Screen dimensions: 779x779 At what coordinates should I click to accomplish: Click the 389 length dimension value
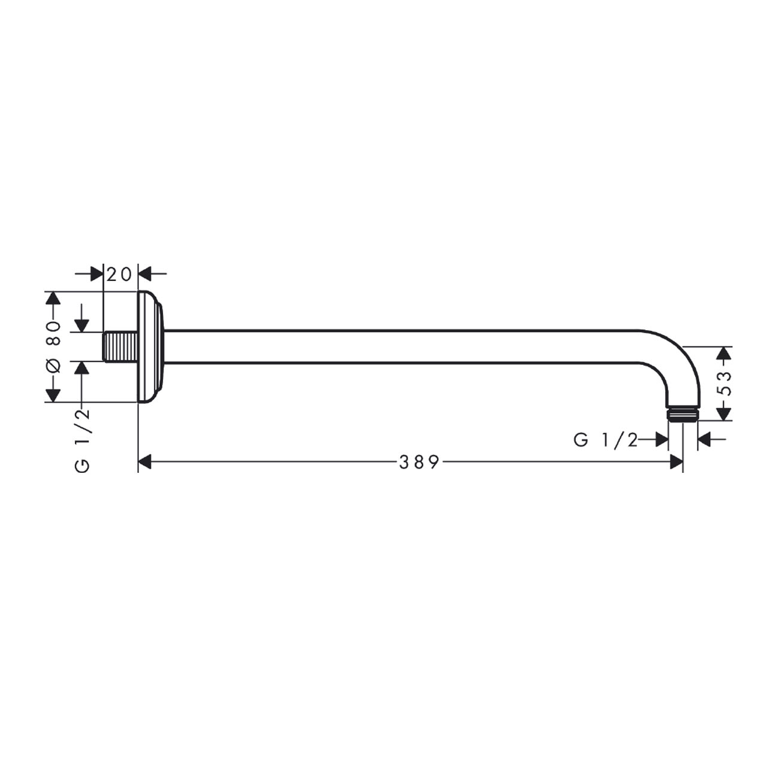click(x=419, y=461)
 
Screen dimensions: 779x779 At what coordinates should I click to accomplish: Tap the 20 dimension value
click(x=119, y=274)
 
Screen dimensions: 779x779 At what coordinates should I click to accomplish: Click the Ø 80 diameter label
click(x=53, y=347)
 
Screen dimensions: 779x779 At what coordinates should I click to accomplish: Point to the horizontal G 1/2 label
click(x=606, y=440)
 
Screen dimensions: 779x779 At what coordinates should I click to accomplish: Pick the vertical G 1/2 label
click(x=82, y=440)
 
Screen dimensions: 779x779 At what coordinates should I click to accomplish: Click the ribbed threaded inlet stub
click(x=120, y=346)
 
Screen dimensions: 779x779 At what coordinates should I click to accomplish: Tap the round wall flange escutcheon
click(x=151, y=347)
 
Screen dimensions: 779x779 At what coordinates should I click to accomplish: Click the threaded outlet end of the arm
click(x=683, y=415)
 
